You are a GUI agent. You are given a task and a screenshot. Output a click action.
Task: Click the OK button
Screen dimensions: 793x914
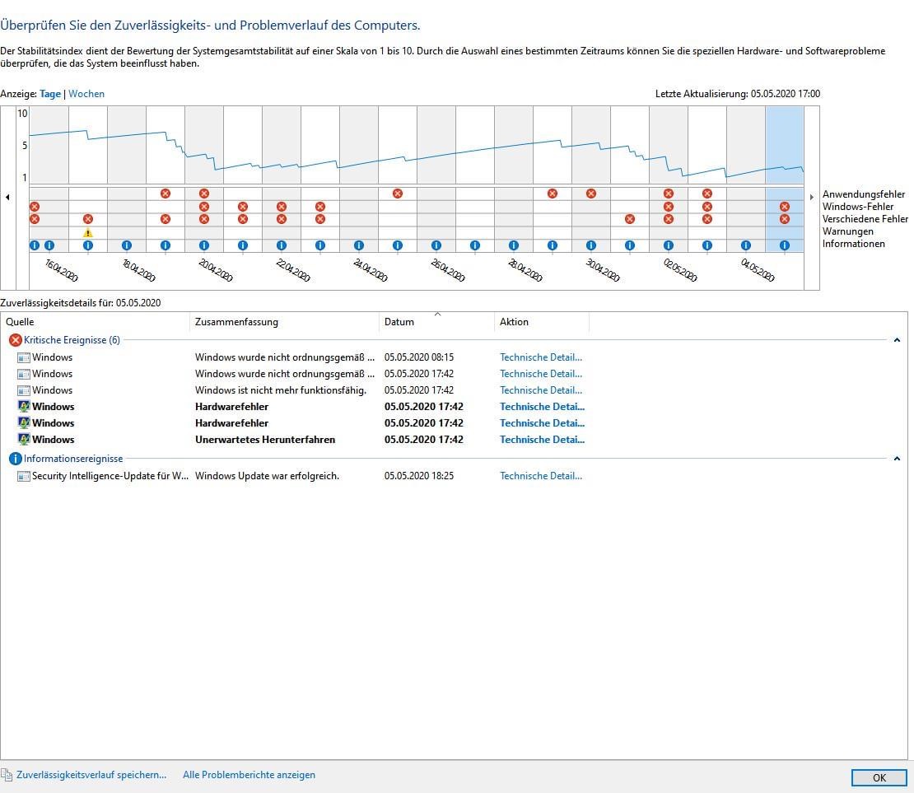[x=879, y=777]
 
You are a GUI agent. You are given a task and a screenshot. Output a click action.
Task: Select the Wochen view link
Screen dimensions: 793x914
[x=86, y=94]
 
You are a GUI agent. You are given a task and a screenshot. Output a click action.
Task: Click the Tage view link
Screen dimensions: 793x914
[x=50, y=94]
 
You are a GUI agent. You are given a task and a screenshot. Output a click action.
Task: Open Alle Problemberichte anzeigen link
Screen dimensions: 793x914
[x=249, y=775]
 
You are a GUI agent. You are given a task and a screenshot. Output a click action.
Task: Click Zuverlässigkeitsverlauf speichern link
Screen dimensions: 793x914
[x=91, y=775]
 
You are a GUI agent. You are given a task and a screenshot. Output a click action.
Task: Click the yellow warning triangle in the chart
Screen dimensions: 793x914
[x=88, y=232]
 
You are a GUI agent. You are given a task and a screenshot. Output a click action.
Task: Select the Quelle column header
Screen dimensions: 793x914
[x=21, y=322]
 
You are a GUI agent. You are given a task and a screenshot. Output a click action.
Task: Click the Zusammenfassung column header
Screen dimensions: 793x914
[x=236, y=322]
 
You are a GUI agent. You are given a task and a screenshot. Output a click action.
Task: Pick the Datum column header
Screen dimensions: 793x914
[x=399, y=322]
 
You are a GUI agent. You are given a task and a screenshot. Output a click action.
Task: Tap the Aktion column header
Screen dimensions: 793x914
[x=514, y=322]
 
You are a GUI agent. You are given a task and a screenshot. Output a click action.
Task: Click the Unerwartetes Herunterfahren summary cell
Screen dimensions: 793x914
[x=264, y=440]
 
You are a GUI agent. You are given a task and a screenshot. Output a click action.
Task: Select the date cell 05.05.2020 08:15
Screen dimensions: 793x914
[x=418, y=357]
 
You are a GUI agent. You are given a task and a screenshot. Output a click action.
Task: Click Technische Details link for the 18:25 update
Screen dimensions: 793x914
[x=540, y=476]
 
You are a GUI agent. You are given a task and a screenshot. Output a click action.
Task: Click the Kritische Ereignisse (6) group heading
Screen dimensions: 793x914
[x=72, y=340]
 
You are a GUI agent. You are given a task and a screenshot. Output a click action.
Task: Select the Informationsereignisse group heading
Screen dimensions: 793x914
[x=73, y=459]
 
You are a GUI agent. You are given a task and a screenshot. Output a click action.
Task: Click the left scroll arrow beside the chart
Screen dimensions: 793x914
[x=8, y=197]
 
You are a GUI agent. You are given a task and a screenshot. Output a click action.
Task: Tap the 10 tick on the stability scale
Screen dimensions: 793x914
[x=23, y=114]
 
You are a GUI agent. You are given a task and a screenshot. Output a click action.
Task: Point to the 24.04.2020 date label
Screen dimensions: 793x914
[x=370, y=270]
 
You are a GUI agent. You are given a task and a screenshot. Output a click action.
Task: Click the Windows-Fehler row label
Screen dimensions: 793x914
[x=857, y=207]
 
